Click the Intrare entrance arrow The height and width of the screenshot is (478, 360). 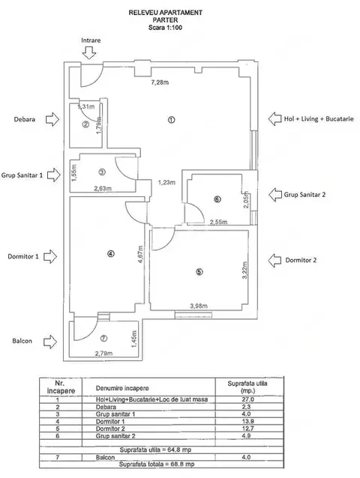(x=89, y=52)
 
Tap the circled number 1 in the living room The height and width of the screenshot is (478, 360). (x=172, y=120)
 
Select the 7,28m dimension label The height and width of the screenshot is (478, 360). (x=160, y=82)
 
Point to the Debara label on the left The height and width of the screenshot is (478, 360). (x=25, y=119)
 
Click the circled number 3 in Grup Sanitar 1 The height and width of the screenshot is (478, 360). (x=102, y=172)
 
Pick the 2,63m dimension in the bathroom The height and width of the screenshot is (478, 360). (x=103, y=188)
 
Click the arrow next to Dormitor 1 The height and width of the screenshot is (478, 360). (x=50, y=256)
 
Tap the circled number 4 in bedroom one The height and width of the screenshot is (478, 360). (x=111, y=253)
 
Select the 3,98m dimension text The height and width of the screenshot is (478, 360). (x=199, y=306)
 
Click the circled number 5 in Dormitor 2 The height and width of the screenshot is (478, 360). (x=199, y=272)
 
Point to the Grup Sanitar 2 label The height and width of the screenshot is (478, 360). (x=304, y=195)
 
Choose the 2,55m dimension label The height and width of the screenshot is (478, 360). (x=218, y=222)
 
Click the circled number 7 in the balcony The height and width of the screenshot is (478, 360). (x=104, y=338)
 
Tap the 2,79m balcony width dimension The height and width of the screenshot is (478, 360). (x=103, y=354)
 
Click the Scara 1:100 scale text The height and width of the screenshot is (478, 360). (x=165, y=28)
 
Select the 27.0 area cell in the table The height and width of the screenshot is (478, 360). (x=247, y=399)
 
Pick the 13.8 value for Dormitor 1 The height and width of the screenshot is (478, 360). (x=247, y=421)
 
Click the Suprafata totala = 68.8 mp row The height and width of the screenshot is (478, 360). (x=157, y=465)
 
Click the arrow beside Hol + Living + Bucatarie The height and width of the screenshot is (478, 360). (x=275, y=118)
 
